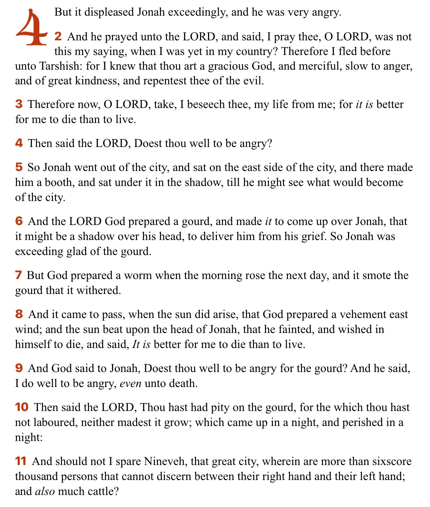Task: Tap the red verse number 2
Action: tap(58, 36)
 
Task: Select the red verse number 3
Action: tap(19, 104)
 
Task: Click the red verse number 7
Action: tap(19, 275)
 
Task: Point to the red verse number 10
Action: tap(22, 407)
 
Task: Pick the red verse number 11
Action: tap(21, 461)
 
